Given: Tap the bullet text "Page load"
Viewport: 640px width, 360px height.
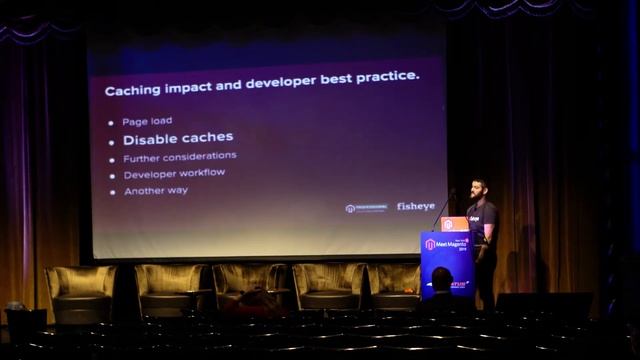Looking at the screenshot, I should [147, 121].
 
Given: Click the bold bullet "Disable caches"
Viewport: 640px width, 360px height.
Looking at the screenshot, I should [178, 138].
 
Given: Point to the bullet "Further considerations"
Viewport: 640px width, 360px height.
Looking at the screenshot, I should [180, 157].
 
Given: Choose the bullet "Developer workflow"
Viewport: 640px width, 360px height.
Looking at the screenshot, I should [174, 174].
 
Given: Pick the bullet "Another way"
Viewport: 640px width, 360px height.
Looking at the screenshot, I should [156, 191].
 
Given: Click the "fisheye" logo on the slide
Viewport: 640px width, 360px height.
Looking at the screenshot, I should [416, 207].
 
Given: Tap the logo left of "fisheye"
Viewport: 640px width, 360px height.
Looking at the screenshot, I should [366, 208].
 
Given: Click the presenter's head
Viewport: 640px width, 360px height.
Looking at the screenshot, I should [479, 188].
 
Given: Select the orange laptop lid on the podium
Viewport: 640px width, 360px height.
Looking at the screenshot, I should [455, 223].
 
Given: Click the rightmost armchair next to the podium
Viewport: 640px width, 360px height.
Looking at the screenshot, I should [395, 285].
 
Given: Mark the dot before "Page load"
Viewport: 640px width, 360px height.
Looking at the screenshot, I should [110, 122].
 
